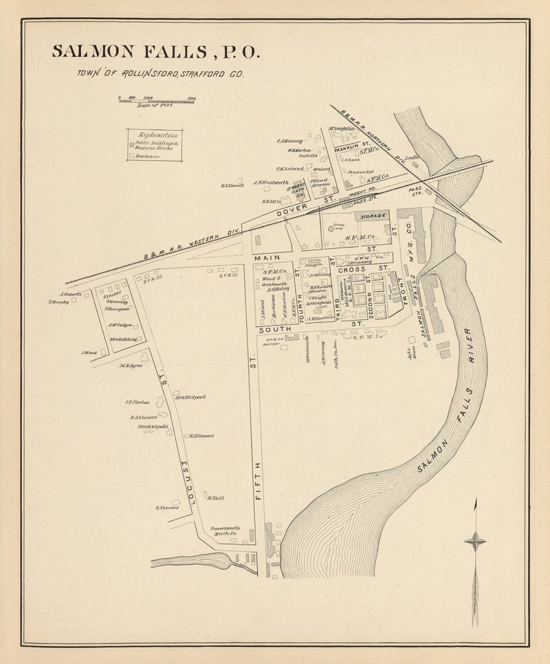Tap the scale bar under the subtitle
[157, 100]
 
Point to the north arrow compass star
[475, 542]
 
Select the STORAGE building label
[372, 216]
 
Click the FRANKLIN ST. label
[350, 146]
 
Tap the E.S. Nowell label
[232, 184]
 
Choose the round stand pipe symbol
[330, 230]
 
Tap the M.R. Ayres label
[130, 366]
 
